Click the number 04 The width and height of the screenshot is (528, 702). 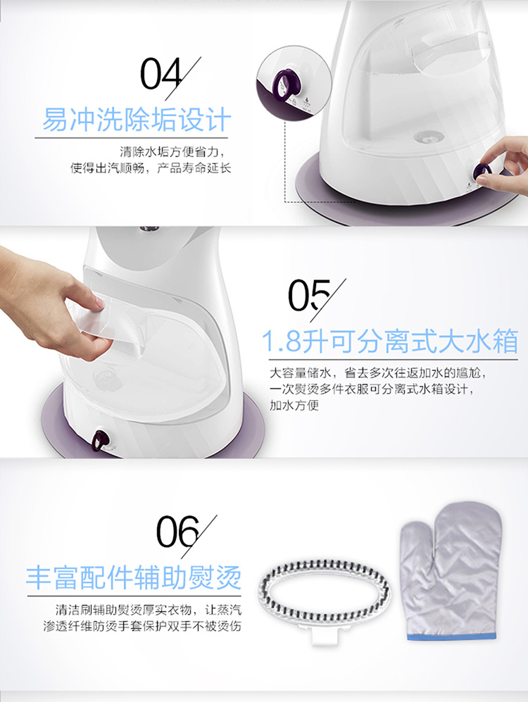click(162, 74)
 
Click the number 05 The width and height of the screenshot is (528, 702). click(309, 295)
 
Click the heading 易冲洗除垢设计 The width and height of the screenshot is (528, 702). click(137, 119)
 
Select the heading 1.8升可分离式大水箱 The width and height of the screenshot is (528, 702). click(390, 341)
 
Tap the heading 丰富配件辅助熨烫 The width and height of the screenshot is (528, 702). click(133, 577)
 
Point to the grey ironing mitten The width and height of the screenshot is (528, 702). click(450, 571)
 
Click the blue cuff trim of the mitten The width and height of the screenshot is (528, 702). click(452, 637)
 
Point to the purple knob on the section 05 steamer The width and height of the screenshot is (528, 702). click(100, 441)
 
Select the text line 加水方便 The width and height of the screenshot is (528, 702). click(294, 405)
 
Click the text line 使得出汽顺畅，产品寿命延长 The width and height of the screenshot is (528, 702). click(151, 168)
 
